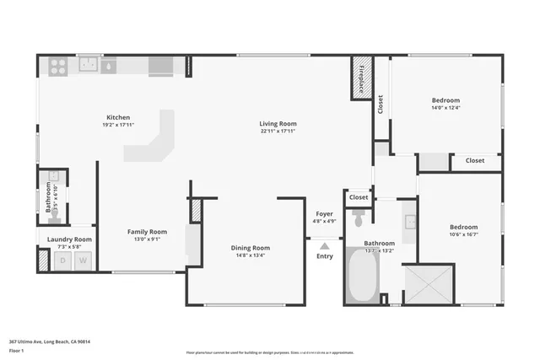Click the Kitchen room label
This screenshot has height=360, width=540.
pyautogui.click(x=117, y=117)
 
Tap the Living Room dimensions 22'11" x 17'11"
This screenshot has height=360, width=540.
pyautogui.click(x=278, y=132)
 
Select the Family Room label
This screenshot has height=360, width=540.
pyautogui.click(x=147, y=232)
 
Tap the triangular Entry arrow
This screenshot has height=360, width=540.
pyautogui.click(x=325, y=245)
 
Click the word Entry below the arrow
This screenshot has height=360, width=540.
pyautogui.click(x=325, y=256)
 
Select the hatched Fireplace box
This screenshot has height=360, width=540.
pyautogui.click(x=361, y=78)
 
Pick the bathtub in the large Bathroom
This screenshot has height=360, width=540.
pyautogui.click(x=362, y=277)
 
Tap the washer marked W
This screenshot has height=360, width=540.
pyautogui.click(x=83, y=261)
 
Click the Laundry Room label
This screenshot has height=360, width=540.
pyautogui.click(x=69, y=239)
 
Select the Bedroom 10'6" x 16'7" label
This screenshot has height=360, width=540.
pyautogui.click(x=463, y=228)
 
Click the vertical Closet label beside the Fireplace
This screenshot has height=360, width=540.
pyautogui.click(x=381, y=104)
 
